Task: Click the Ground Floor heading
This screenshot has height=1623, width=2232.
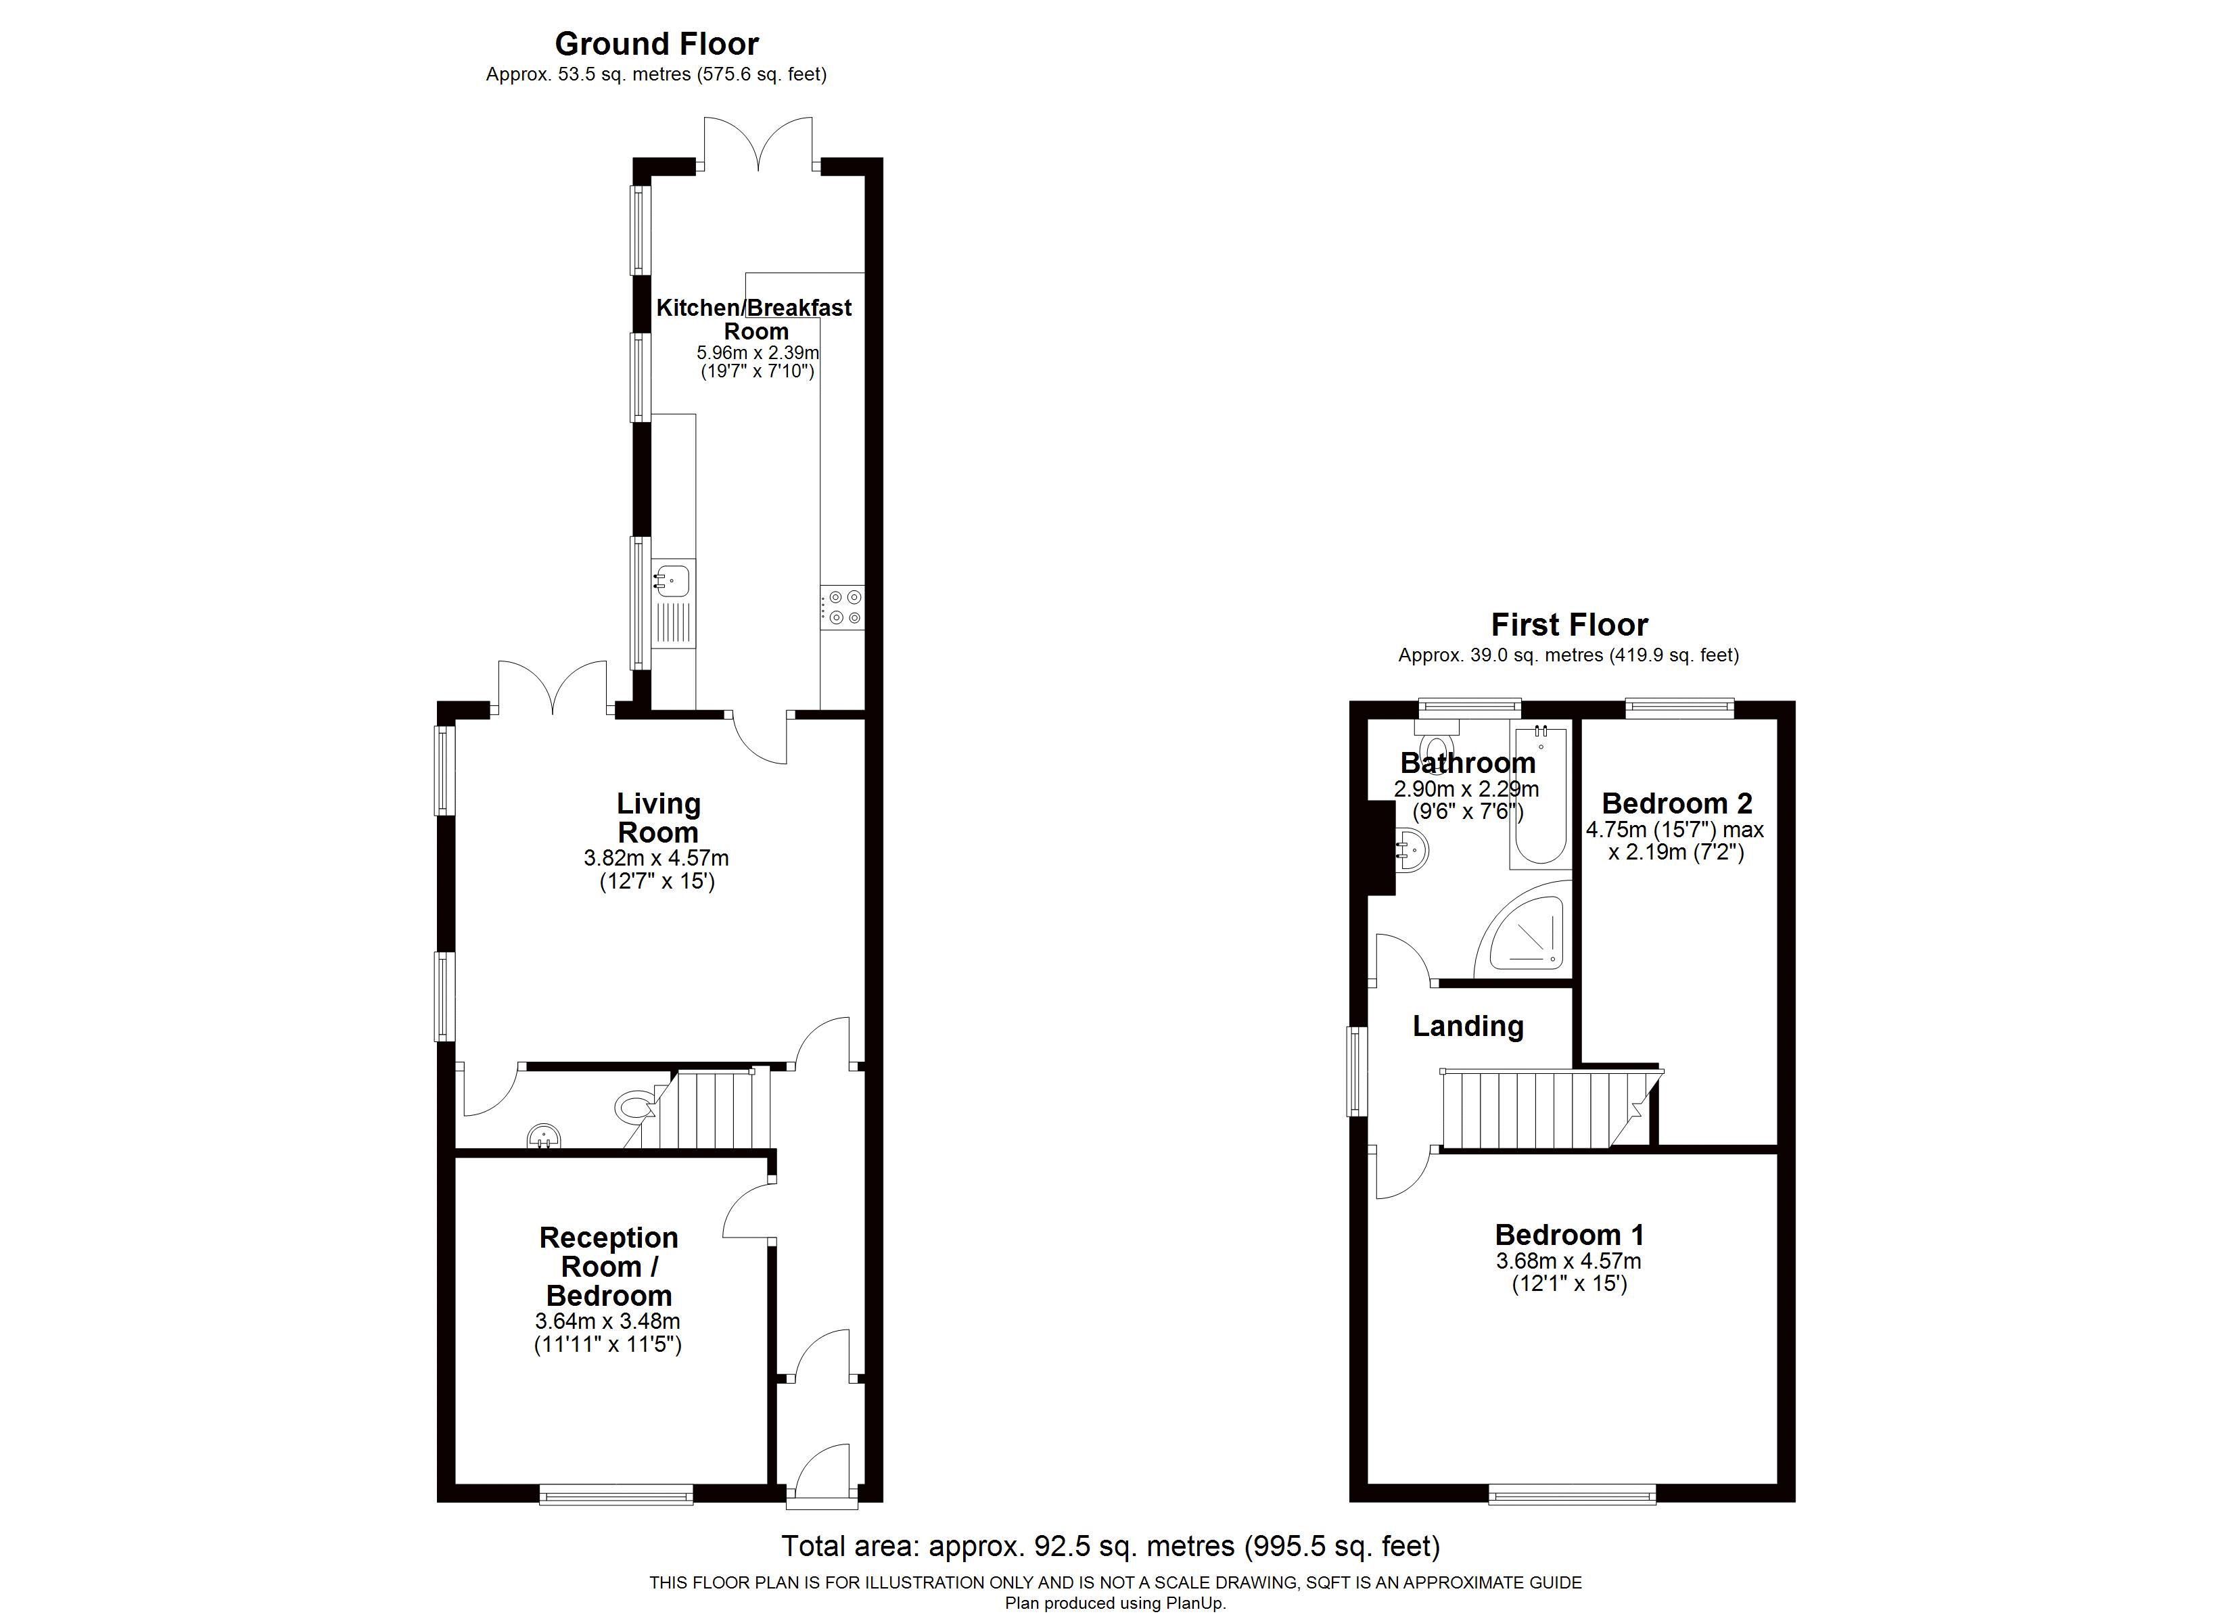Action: click(x=657, y=43)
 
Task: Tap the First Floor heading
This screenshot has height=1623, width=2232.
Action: click(x=1568, y=624)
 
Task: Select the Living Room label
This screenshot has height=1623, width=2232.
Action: click(x=658, y=818)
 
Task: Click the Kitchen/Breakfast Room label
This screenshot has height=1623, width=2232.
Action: click(x=754, y=319)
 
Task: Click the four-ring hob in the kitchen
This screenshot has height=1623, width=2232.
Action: click(x=843, y=607)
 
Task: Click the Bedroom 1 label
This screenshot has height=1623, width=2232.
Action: click(x=1568, y=1234)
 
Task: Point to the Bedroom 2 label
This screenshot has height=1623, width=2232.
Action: click(x=1677, y=803)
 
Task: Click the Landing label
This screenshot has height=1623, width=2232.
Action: click(x=1467, y=1027)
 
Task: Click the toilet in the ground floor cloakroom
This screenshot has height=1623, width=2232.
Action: click(x=634, y=1106)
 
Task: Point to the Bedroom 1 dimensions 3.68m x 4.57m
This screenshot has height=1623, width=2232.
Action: click(x=1568, y=1261)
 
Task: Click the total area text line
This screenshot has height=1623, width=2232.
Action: click(x=1110, y=1546)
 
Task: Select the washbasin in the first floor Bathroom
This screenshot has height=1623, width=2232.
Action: click(x=1412, y=849)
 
